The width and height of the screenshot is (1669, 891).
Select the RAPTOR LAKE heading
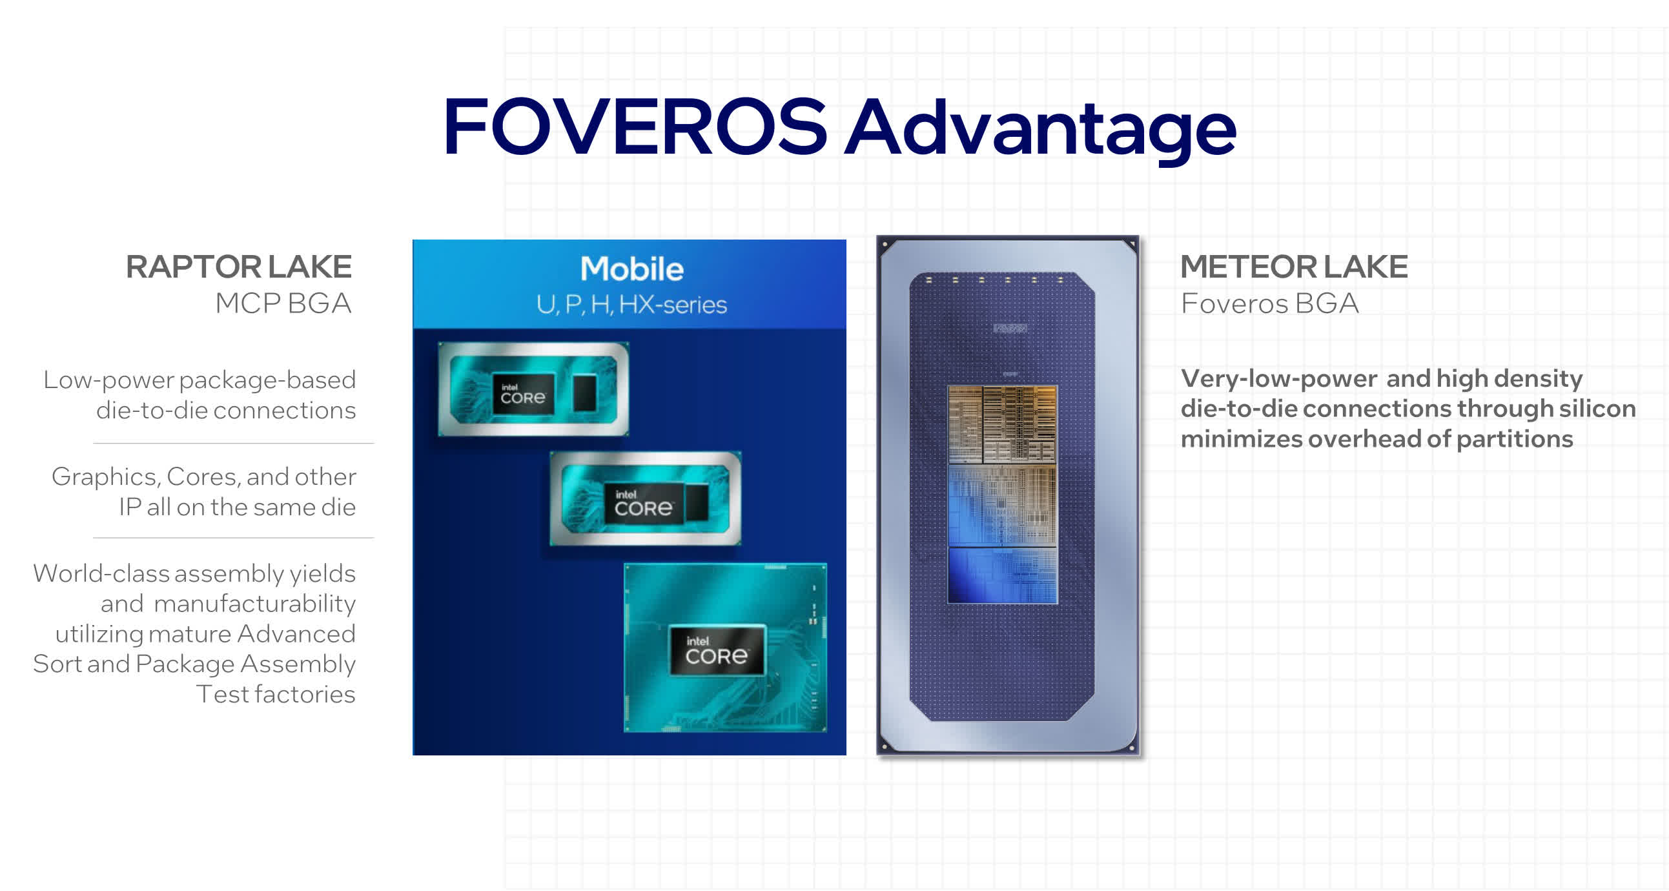(x=239, y=266)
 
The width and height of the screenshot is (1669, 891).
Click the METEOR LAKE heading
(x=1294, y=266)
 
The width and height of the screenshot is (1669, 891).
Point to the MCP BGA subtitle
(x=284, y=303)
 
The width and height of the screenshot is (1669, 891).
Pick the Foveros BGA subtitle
(x=1269, y=303)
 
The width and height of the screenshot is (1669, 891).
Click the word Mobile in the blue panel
(x=631, y=269)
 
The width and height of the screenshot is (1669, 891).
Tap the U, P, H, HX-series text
(x=631, y=305)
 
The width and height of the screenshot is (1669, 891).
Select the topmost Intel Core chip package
(x=533, y=389)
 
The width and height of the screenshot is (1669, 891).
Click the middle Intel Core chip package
(x=645, y=498)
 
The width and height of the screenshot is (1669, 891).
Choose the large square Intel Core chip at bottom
(x=725, y=648)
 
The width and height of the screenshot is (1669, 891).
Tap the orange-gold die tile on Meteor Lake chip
(x=1002, y=424)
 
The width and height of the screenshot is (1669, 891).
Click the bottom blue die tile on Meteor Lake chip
(x=1002, y=575)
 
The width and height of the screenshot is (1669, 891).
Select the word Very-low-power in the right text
(x=1279, y=378)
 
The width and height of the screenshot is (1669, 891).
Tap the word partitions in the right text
(x=1515, y=438)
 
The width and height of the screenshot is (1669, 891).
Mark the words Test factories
(x=275, y=694)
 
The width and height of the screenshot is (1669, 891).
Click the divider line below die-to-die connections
(x=234, y=443)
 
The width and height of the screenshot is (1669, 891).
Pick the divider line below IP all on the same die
(x=234, y=538)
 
